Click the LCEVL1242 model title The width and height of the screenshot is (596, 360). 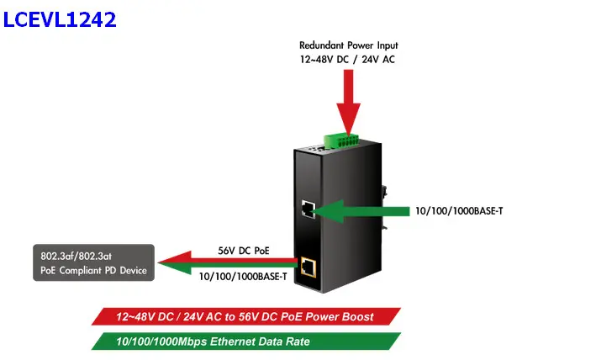point(59,19)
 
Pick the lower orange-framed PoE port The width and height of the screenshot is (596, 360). point(309,267)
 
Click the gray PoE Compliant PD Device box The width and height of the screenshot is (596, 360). point(94,262)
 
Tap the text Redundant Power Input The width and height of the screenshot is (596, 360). point(349,45)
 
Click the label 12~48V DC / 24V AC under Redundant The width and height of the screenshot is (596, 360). point(349,60)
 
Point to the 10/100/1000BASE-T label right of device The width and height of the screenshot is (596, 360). point(460,210)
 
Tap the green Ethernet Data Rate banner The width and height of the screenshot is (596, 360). point(244,341)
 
